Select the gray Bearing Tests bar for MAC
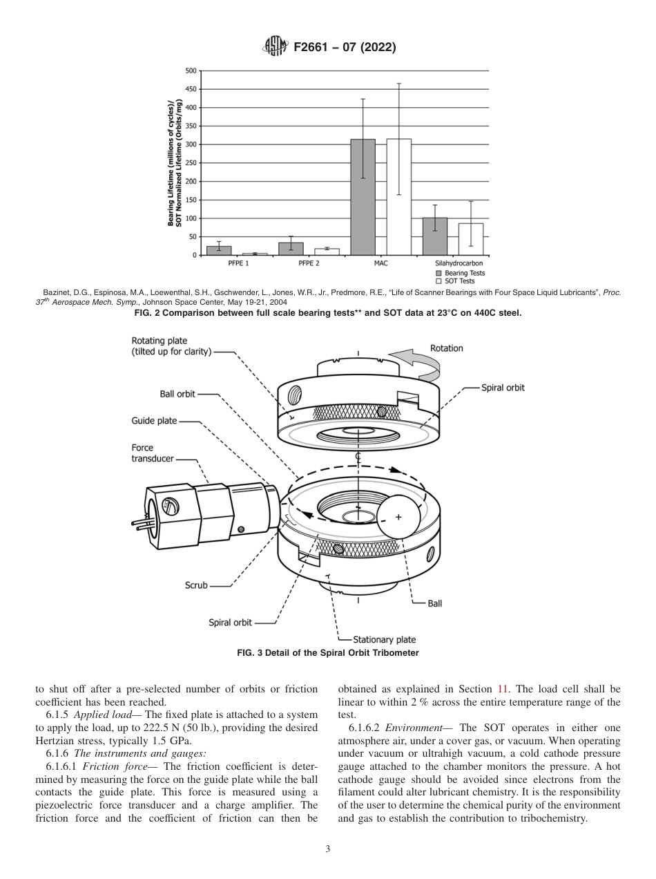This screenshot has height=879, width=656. coord(363,197)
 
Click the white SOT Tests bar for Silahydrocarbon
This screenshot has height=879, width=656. coord(471,239)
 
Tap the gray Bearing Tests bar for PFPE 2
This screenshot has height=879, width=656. coord(291,249)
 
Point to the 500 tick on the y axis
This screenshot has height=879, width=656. coord(191,70)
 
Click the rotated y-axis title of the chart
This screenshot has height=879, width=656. coord(174,163)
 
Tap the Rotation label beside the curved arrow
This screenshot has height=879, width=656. coord(446,348)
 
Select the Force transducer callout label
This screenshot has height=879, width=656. coord(143,453)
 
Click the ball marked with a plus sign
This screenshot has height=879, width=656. coord(398,516)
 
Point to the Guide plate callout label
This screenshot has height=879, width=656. coord(154,421)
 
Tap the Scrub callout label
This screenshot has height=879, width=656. coord(196,585)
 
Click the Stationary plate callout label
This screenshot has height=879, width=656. coord(384,639)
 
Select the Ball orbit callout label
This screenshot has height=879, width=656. coord(177,394)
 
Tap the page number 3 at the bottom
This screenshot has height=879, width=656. coord(328,849)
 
